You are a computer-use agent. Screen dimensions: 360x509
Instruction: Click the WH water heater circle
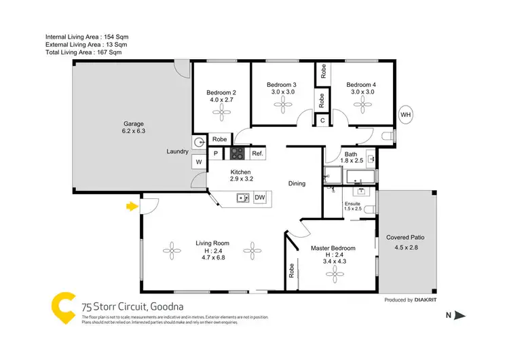tap(407, 114)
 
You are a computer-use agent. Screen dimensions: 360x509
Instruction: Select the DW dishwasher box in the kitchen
tap(259, 198)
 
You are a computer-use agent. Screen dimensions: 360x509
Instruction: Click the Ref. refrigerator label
tap(257, 154)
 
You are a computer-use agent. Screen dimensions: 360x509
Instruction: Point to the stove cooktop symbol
tap(237, 154)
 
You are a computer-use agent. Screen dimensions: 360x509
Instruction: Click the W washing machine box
tap(200, 162)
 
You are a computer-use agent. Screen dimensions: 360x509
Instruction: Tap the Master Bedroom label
tap(333, 248)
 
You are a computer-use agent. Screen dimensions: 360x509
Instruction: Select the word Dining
tap(297, 183)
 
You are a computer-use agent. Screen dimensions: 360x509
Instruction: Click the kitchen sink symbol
tap(242, 198)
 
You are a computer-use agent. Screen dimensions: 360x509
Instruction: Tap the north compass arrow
tap(460, 314)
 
